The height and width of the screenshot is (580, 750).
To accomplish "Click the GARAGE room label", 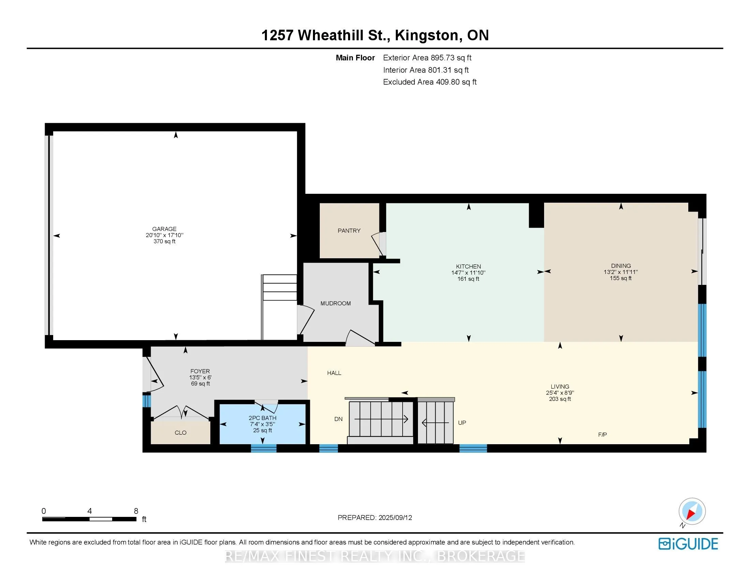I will [164, 229].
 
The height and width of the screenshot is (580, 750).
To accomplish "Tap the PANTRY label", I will [349, 231].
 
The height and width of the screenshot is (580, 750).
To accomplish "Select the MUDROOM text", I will [335, 303].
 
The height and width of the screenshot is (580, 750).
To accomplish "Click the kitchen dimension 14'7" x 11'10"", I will [468, 273].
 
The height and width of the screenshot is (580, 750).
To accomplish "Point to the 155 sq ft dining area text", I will [620, 278].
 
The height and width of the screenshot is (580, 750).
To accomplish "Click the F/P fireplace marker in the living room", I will [602, 435].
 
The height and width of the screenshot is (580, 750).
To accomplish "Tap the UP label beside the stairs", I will [462, 423].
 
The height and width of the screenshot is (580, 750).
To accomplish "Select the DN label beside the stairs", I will [338, 419].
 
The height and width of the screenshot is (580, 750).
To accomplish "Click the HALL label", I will [334, 373].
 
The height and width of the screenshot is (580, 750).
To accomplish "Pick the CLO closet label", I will [180, 433].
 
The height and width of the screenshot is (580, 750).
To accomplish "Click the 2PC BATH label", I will [262, 418].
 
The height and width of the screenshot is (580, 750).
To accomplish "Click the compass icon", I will [692, 511].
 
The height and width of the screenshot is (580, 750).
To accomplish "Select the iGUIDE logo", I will [688, 544].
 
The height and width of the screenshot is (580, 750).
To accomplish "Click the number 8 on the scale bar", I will [136, 511].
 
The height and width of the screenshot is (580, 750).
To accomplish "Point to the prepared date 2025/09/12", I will [395, 518].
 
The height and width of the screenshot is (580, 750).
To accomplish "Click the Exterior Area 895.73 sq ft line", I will [427, 58].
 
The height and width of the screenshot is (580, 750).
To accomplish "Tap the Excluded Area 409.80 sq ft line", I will [430, 82].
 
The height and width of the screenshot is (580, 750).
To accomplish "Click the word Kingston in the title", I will [426, 35].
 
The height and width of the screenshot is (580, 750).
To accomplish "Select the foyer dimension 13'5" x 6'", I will [200, 377].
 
